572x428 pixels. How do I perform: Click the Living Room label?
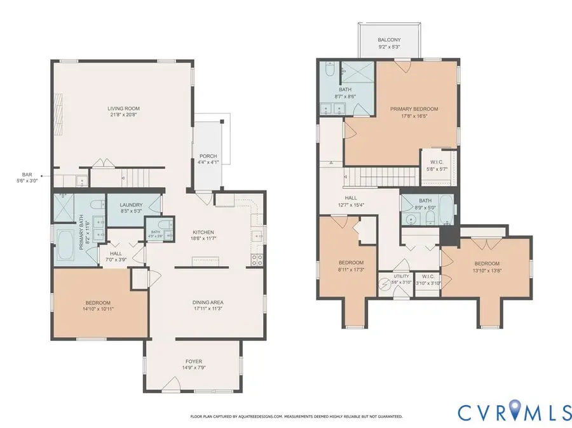click(x=122, y=109)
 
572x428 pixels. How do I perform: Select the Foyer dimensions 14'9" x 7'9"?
click(x=193, y=368)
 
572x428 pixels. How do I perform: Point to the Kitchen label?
click(x=203, y=232)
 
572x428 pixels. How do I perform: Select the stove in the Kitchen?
click(x=259, y=259)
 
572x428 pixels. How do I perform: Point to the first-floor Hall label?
click(x=116, y=253)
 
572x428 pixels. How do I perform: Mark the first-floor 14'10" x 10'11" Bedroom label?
click(x=98, y=302)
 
